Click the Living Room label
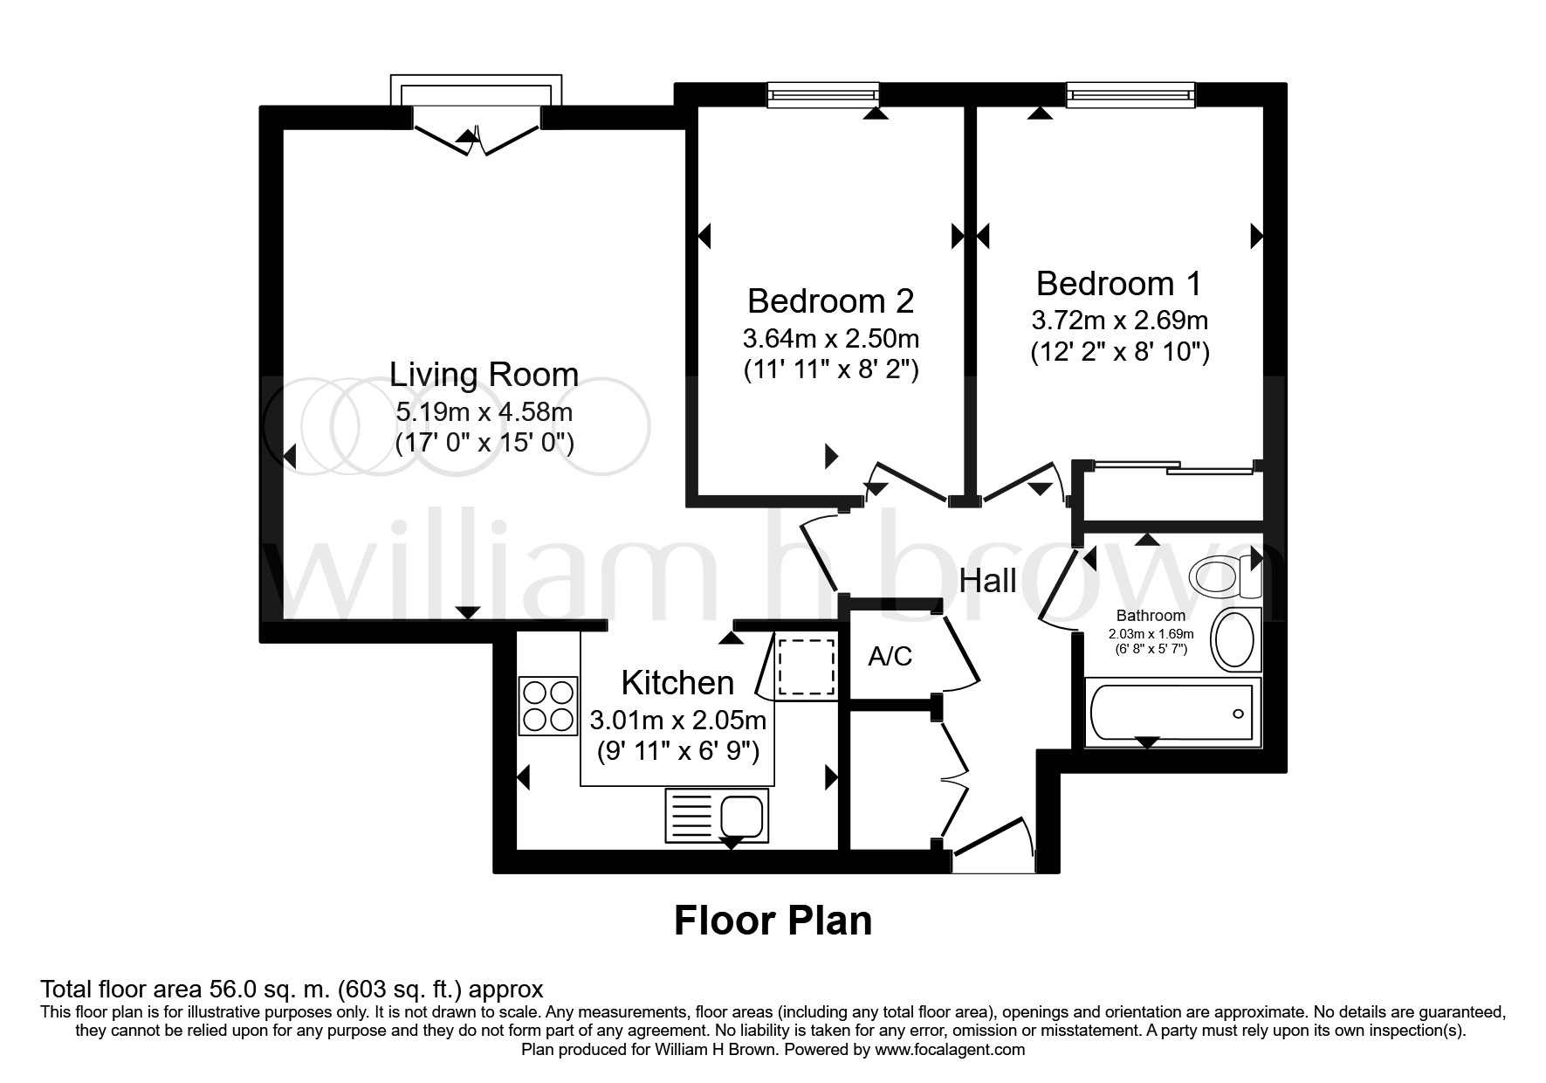[x=484, y=375]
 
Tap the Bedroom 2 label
[x=830, y=301]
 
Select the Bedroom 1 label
[x=1118, y=284]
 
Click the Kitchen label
[x=677, y=682]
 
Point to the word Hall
[x=987, y=581]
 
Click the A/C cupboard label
[x=890, y=656]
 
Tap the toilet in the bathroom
[x=1217, y=576]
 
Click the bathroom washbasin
[x=1235, y=639]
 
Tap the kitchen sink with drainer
[x=716, y=815]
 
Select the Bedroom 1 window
[x=1130, y=94]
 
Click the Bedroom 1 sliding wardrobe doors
[x=1171, y=469]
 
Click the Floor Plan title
[x=773, y=921]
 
